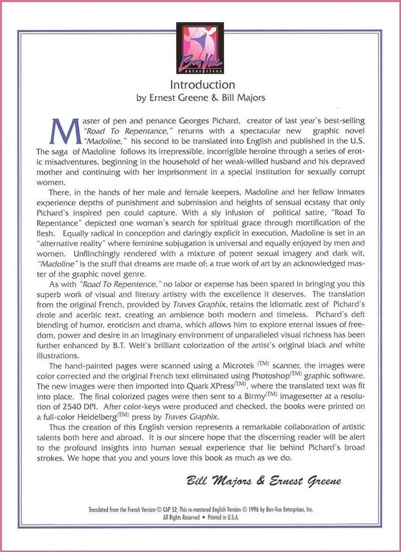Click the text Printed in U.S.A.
click(x=220, y=516)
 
